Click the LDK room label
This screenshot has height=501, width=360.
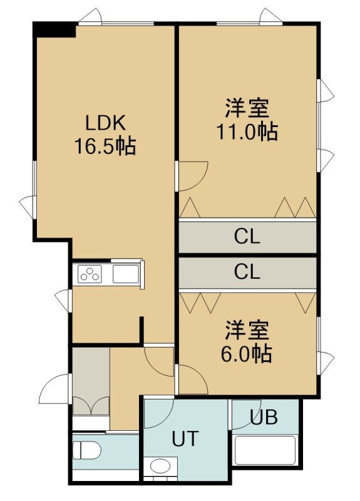tap(105, 123)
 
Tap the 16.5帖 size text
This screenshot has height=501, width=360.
tap(105, 147)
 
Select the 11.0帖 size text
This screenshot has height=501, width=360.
tap(247, 132)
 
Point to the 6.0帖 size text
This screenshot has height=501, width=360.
tap(247, 354)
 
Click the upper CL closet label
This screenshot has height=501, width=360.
tap(247, 237)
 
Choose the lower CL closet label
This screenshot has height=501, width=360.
tap(247, 272)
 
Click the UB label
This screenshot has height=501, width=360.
tap(264, 417)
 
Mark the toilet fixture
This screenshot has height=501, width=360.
tap(87, 450)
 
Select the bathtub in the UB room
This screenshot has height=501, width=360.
tap(265, 450)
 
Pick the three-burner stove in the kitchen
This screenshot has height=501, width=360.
tap(90, 274)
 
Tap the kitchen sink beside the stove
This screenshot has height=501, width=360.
tap(126, 274)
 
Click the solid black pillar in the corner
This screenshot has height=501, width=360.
tap(54, 29)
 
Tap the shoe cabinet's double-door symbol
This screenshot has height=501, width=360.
tap(91, 405)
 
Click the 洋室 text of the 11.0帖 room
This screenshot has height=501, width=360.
tap(247, 108)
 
